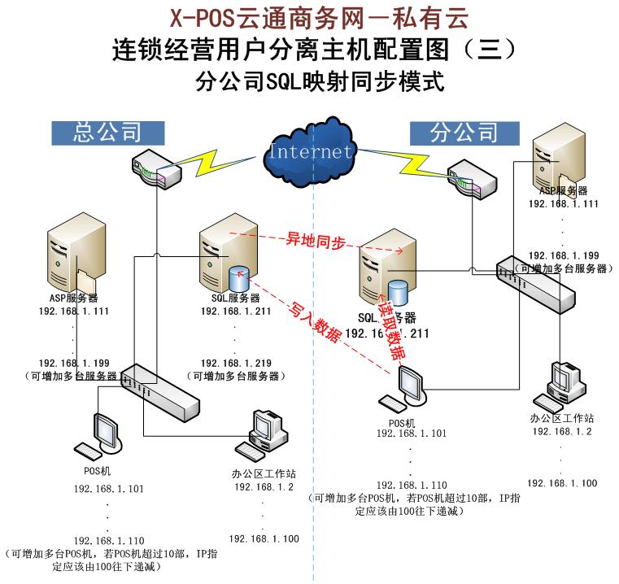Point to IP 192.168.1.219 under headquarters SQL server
[x=236, y=363]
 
